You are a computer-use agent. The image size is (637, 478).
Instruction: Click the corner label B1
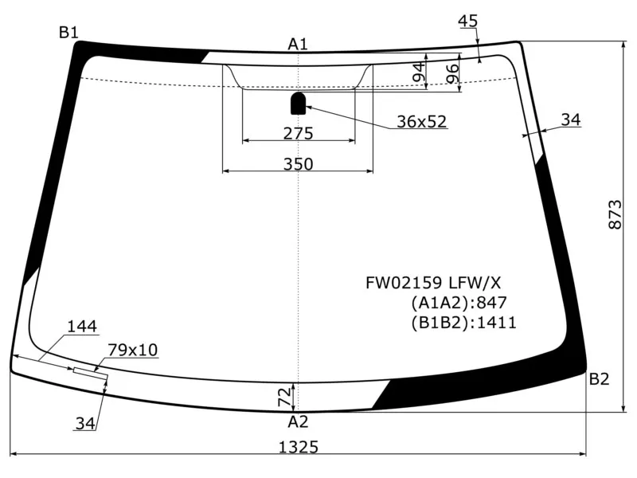pos(68,33)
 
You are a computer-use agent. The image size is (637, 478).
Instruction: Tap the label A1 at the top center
pos(298,44)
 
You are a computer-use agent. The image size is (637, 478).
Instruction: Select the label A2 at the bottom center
pos(298,421)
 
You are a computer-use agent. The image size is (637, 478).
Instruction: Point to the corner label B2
pos(599,379)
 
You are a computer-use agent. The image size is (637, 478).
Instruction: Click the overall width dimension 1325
pos(299,448)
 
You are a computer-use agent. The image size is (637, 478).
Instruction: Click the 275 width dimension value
pos(298,133)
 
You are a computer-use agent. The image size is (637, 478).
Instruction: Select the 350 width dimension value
pos(298,164)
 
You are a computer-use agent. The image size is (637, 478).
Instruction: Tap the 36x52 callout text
pos(422,122)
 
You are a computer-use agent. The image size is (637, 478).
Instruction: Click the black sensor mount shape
pos(299,102)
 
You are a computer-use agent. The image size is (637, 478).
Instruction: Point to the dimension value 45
pos(468,22)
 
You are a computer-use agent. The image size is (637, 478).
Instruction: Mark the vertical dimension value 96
pos(451,73)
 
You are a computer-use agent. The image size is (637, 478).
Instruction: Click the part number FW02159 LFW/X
pos(433,283)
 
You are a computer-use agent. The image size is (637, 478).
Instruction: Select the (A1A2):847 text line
pos(459,303)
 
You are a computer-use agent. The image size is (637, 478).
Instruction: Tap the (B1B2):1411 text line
pos(464,323)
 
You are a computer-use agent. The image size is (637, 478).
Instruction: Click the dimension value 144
pos(82,326)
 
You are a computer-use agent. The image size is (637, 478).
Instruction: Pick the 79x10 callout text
pos(133,349)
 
